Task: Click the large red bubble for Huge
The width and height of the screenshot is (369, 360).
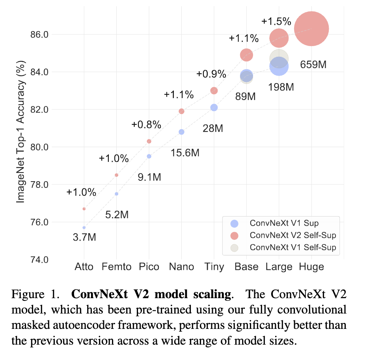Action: click(311, 29)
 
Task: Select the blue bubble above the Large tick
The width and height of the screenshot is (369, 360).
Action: click(279, 66)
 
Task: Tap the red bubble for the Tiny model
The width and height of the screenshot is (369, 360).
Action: click(214, 91)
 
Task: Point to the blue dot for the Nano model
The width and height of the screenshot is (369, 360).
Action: click(181, 132)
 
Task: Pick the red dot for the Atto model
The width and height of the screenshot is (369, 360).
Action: click(84, 209)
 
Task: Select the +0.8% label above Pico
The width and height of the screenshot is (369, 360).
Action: click(146, 125)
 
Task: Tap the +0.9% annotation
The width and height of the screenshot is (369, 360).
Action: click(211, 74)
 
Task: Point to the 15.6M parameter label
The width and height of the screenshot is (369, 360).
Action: click(185, 153)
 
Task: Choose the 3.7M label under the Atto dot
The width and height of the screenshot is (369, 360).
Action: click(84, 238)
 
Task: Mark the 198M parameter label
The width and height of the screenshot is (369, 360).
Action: click(281, 87)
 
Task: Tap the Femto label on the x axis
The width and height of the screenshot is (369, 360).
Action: click(116, 267)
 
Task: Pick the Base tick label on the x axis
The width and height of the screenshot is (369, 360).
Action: click(246, 267)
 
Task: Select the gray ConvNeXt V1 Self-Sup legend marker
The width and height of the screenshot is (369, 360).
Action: click(235, 247)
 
